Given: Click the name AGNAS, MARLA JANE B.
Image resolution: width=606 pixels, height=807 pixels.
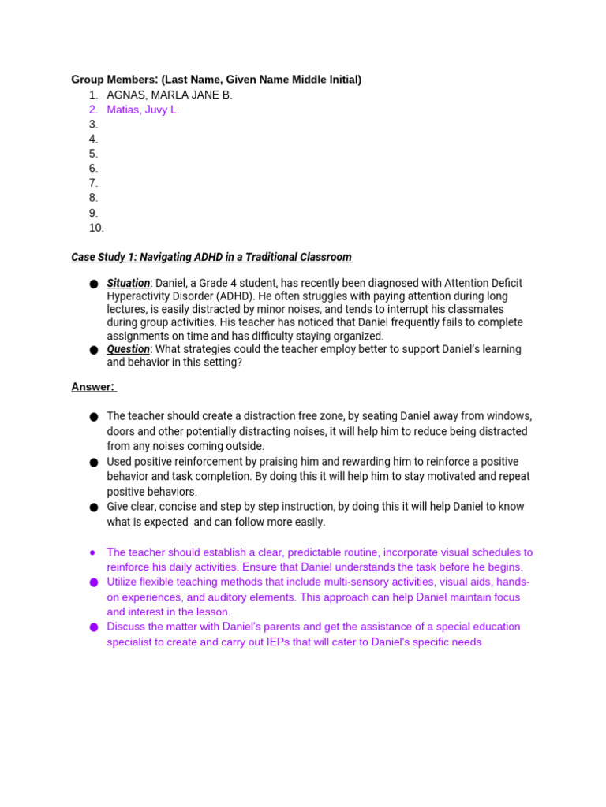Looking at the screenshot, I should coord(170,95).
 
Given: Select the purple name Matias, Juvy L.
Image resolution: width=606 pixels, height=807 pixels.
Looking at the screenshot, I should coord(143,110).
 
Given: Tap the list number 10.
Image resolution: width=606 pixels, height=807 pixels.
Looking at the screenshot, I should coord(96,228).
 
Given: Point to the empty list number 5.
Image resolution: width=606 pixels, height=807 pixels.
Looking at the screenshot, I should coord(93,154).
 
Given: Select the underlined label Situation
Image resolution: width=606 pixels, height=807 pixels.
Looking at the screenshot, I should coord(129,283).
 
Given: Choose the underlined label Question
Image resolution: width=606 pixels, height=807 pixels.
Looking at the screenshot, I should coord(128,349).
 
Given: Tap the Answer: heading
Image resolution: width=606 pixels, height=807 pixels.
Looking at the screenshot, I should coord(93,387).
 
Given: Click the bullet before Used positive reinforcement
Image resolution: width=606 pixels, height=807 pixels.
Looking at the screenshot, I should coord(93,463).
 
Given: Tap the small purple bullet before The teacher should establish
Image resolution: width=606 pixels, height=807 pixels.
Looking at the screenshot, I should coord(92,553).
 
